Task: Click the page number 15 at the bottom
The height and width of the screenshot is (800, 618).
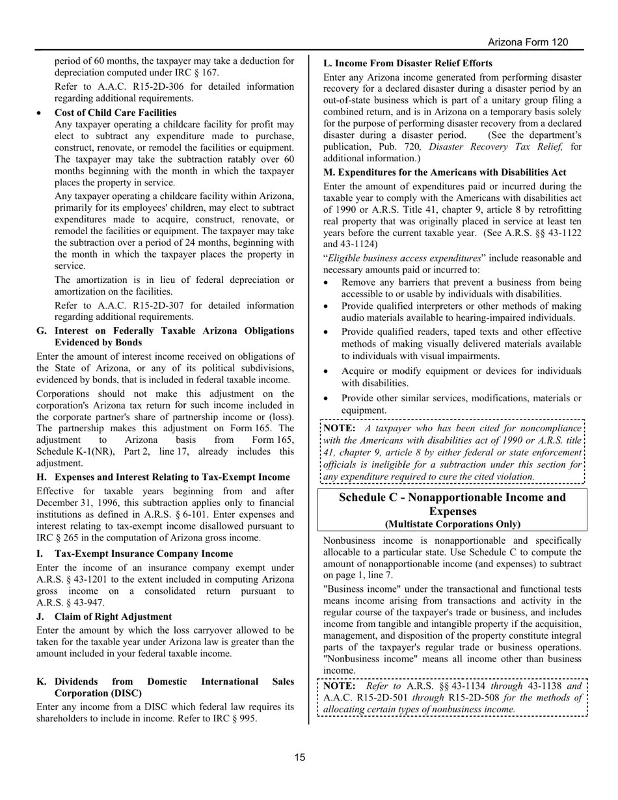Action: (x=299, y=757)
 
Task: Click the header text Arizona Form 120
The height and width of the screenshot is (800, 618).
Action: (x=528, y=42)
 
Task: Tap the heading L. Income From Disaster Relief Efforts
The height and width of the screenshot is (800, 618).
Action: (x=407, y=64)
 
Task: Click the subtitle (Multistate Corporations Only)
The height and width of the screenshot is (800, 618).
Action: (x=452, y=524)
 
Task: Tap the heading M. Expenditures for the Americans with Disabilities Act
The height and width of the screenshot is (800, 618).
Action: (x=444, y=172)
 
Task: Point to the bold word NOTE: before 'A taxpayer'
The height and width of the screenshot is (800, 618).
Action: (x=339, y=429)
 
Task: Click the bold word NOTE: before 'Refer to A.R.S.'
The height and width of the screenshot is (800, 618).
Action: (x=339, y=686)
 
